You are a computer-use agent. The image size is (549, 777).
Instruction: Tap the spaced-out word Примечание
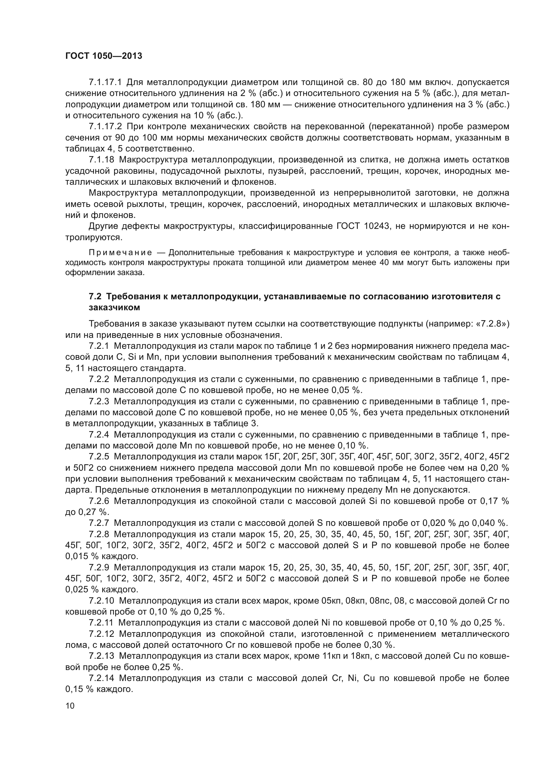pos(120,252)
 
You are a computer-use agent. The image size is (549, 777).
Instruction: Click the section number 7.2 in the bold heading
pos(95,296)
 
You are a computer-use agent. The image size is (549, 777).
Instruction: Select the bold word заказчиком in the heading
pos(114,308)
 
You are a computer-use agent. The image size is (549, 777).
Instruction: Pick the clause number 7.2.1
pos(99,346)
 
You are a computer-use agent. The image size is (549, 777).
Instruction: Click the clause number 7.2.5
pos(99,456)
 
